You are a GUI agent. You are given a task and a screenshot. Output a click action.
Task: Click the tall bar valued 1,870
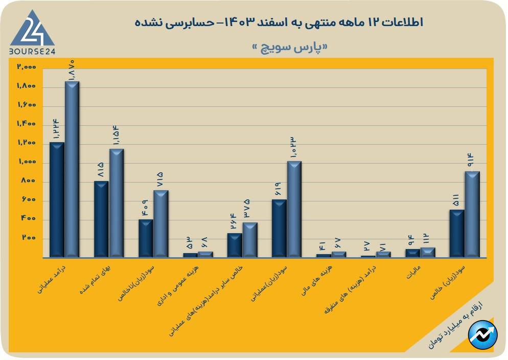(x=72, y=169)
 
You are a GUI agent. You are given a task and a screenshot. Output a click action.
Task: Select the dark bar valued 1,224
(x=57, y=199)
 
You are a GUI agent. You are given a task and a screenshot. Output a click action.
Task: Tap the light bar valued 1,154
(x=117, y=203)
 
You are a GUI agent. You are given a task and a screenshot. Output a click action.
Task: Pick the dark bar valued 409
(x=146, y=238)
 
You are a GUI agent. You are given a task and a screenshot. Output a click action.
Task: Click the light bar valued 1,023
(x=294, y=209)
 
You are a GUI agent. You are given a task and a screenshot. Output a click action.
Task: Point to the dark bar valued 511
(x=457, y=233)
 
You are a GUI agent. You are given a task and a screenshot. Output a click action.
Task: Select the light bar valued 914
(x=472, y=214)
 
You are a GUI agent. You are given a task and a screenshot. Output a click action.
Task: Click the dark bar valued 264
(x=235, y=245)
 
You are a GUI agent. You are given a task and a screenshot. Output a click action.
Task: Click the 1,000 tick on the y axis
(x=26, y=162)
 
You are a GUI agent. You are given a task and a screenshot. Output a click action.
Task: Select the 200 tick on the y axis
(x=29, y=238)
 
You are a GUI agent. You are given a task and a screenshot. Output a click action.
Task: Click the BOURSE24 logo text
(x=32, y=51)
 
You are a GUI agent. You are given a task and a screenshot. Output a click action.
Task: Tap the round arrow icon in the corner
(x=483, y=334)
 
